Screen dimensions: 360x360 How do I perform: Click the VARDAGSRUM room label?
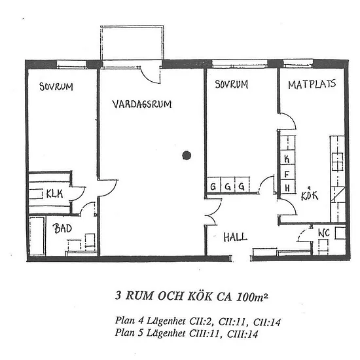coord(142,104)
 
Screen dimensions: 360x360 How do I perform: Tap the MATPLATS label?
coord(312,84)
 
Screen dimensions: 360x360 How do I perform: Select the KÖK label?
coord(310,196)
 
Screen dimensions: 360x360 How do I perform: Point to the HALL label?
coord(236,237)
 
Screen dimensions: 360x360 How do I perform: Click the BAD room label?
coord(62,228)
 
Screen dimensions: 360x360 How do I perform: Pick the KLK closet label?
coord(54,194)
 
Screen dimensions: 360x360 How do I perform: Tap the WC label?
coord(324,233)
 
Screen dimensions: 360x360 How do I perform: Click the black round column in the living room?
coord(187,155)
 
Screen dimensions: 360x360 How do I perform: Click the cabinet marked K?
coord(287,158)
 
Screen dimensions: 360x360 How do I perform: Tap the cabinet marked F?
coord(287,174)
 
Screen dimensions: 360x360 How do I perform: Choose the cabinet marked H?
coord(287,188)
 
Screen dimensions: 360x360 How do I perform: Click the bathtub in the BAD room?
coord(37,236)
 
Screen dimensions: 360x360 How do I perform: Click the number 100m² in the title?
coord(251,297)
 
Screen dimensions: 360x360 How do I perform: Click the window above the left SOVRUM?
coord(71,64)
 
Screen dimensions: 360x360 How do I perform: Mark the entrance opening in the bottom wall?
coord(241,259)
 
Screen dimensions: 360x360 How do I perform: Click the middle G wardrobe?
coord(228,185)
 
